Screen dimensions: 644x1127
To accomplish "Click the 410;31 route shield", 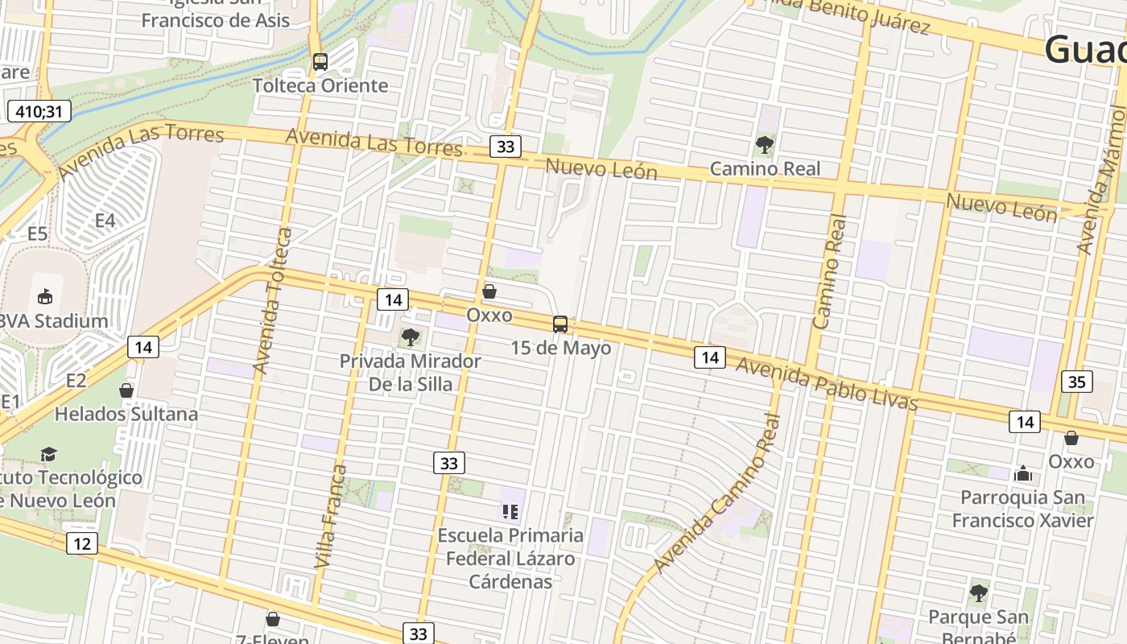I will coord(39,111).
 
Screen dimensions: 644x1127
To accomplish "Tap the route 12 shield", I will coord(82,543).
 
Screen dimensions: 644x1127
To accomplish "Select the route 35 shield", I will coord(1077,382).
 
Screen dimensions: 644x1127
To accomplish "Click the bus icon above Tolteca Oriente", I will coord(320,62).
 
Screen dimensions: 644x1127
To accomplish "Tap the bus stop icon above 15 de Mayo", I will coord(560,324).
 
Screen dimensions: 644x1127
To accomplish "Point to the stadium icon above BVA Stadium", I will coord(45,297).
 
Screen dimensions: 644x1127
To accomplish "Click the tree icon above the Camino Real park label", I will coord(764,146).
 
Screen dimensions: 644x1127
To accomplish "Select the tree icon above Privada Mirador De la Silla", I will coord(411,337).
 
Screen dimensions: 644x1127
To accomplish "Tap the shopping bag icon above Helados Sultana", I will coord(126,390).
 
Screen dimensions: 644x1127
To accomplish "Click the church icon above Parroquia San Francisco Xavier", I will coord(1023,473).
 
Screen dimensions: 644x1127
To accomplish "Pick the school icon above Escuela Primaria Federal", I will coord(510,511).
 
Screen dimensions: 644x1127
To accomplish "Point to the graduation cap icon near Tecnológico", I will coord(49,454).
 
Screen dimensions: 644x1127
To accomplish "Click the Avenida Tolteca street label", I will coord(273,301).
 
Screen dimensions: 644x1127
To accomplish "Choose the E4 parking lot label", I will coord(105,221).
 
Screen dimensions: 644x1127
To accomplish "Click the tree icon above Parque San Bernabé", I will coord(979,593).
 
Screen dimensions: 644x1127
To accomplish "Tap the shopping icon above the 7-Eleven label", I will coord(273,619).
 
